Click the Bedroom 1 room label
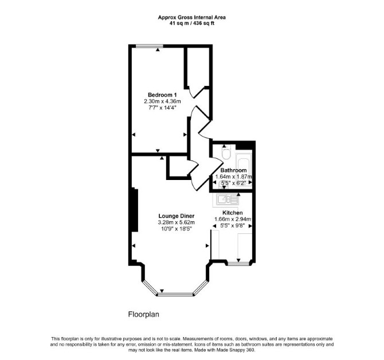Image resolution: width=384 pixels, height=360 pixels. click(162, 95)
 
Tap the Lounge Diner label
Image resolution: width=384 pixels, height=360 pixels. click(177, 216)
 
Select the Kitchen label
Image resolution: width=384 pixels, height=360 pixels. click(233, 213)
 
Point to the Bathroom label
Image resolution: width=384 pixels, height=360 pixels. click(233, 170)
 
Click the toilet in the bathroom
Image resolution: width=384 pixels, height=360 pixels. click(226, 152)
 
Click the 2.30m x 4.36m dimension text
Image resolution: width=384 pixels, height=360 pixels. click(162, 101)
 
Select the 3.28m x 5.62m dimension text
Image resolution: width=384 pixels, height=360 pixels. click(177, 222)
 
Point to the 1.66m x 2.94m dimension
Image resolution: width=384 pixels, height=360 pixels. click(233, 219)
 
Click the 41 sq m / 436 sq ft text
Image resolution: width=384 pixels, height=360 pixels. click(192, 24)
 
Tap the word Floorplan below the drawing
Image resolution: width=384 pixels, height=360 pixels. click(143, 315)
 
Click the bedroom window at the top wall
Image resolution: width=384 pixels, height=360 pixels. click(149, 46)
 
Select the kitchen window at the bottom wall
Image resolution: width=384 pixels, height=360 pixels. click(239, 264)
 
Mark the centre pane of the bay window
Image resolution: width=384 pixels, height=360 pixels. click(175, 294)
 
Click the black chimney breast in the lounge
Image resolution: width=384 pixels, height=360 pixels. click(135, 210)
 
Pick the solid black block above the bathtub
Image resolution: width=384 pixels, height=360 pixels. click(245, 145)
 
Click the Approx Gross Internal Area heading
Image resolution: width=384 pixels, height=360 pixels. click(192, 17)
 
